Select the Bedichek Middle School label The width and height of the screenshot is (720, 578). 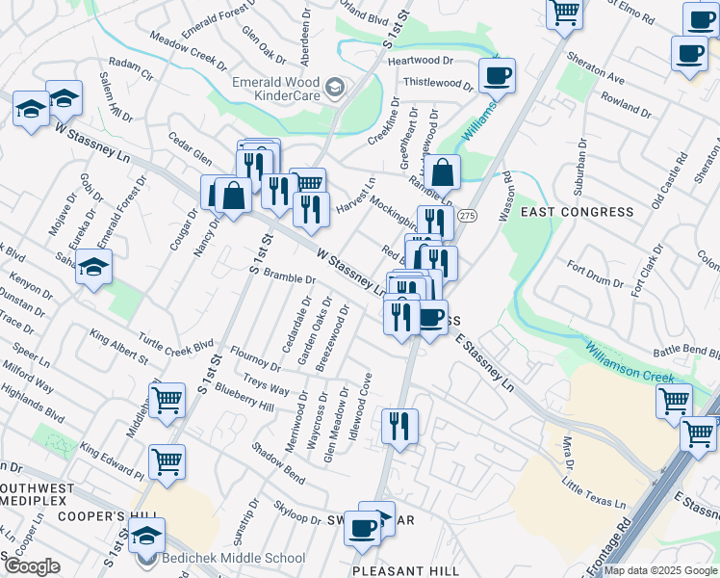pyautogui.click(x=234, y=558)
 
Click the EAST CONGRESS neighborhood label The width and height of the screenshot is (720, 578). pyautogui.click(x=578, y=211)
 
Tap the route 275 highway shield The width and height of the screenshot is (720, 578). pyautogui.click(x=467, y=216)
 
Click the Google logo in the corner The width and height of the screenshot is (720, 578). pyautogui.click(x=31, y=566)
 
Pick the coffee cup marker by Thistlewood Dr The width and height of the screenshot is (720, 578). pyautogui.click(x=497, y=75)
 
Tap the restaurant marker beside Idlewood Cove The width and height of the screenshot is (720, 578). pyautogui.click(x=399, y=424)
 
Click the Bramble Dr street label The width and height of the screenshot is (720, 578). pyautogui.click(x=290, y=278)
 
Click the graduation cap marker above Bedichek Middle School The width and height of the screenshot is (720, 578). pyautogui.click(x=146, y=536)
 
